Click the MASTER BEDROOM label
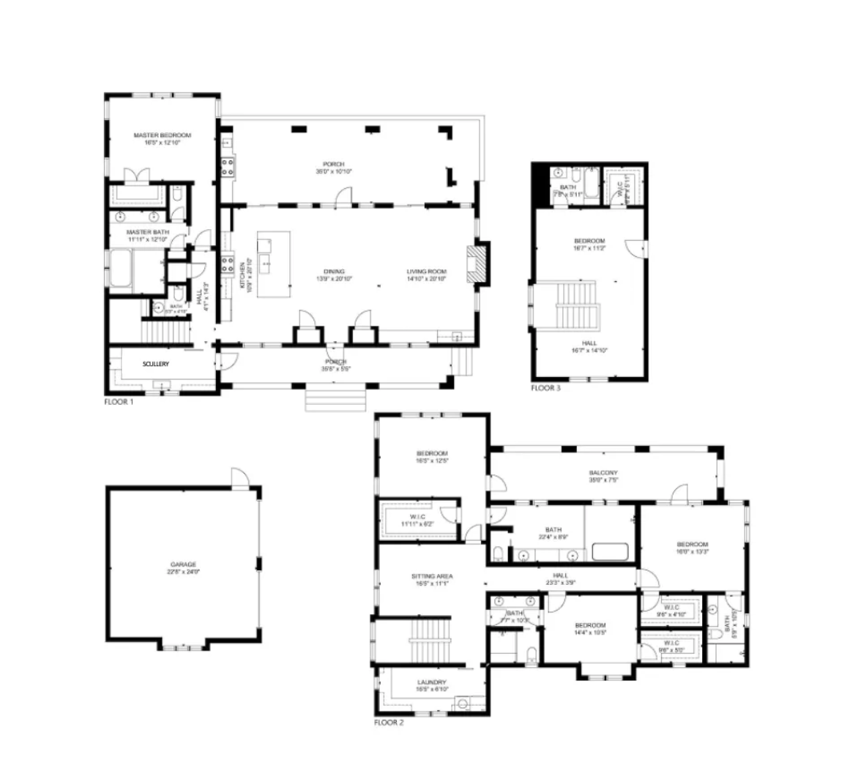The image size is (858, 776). [162, 135]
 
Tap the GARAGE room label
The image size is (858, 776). [183, 564]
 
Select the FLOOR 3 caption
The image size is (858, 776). [545, 388]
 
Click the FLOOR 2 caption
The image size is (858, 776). [389, 723]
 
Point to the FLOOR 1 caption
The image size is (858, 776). [119, 402]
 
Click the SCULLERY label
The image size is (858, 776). [156, 364]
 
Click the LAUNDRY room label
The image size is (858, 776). [432, 682]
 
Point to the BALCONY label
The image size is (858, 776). [603, 473]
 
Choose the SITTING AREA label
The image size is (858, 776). [432, 577]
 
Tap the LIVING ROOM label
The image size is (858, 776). [427, 272]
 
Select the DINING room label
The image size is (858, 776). [330, 272]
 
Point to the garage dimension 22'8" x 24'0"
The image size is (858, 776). [183, 572]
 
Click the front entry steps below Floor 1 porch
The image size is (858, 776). [335, 399]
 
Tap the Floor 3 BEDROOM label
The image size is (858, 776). [589, 242]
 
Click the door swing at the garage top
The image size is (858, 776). [239, 478]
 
